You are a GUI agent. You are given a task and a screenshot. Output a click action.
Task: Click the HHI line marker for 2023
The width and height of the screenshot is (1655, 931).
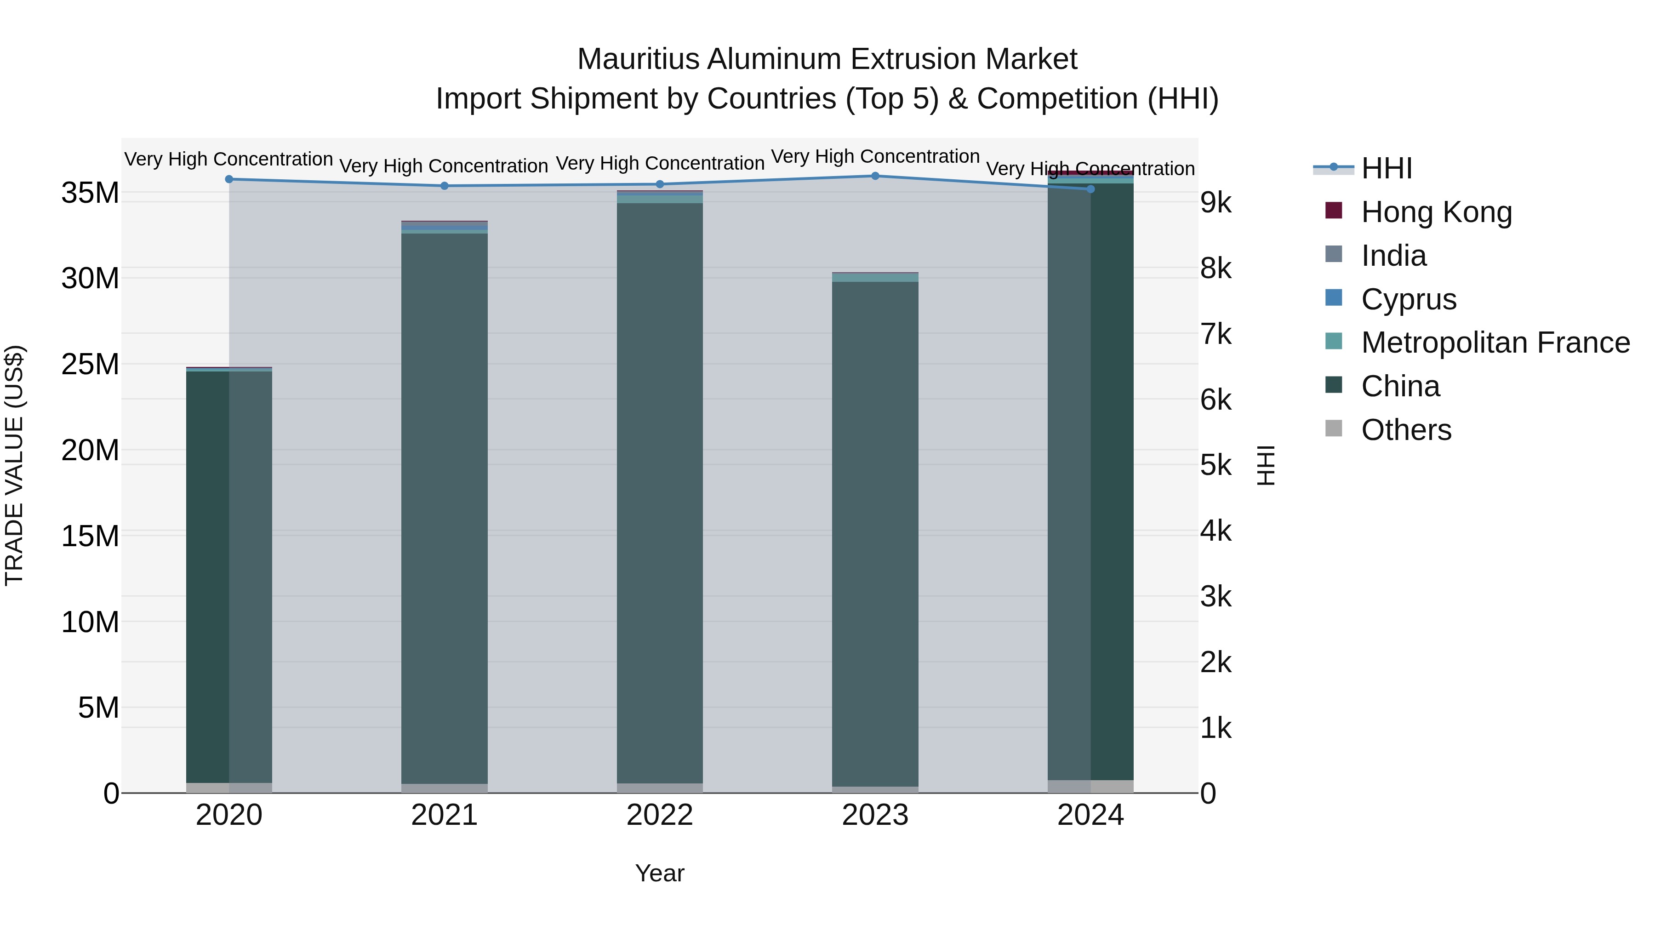pos(875,176)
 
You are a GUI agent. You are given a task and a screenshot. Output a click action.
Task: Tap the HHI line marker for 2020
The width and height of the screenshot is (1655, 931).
pos(229,179)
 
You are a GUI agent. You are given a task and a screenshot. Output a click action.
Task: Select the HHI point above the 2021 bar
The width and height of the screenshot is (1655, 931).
pos(445,186)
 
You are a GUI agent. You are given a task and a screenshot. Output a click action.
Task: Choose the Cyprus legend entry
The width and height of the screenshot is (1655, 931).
pos(1408,299)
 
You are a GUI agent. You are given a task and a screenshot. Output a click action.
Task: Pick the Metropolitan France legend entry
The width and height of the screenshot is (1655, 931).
pos(1495,343)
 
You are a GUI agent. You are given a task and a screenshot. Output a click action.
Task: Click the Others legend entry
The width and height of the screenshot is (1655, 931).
pos(1406,430)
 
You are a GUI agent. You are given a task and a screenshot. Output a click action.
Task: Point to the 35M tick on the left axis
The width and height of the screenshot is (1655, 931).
pos(90,193)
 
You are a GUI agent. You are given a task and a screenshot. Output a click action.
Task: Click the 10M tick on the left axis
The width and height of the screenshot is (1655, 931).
pos(90,622)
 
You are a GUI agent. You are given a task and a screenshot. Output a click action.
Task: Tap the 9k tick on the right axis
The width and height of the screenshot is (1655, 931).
pos(1216,203)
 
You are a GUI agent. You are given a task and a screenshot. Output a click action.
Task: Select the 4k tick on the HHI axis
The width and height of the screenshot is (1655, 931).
pos(1216,531)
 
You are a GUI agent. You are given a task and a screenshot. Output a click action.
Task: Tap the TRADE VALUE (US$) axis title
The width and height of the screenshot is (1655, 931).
pos(14,465)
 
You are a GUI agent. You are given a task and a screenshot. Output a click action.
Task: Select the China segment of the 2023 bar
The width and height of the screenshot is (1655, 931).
pos(875,533)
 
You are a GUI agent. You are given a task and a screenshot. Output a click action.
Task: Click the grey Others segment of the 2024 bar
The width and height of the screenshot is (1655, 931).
pos(1090,787)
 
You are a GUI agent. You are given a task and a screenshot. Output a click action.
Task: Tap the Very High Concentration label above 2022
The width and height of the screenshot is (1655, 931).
pos(660,163)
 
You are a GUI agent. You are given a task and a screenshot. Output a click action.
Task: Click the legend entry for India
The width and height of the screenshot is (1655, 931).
pos(1393,256)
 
